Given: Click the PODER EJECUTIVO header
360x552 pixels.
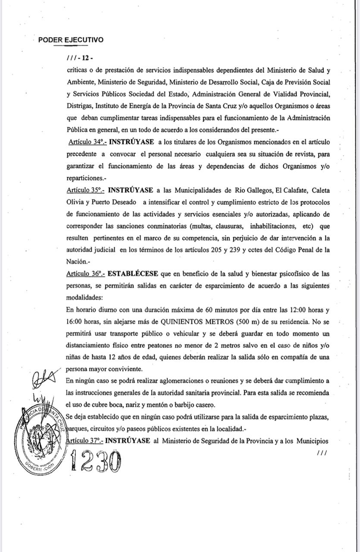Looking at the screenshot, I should click(71, 40).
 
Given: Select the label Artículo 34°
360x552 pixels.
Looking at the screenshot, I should click(88, 142).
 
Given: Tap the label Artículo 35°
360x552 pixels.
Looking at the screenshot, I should click(85, 190).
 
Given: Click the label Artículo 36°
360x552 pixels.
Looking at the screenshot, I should click(85, 273).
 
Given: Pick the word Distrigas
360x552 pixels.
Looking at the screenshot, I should click(79, 106).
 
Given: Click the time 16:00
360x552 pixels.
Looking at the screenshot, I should click(75, 322).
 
